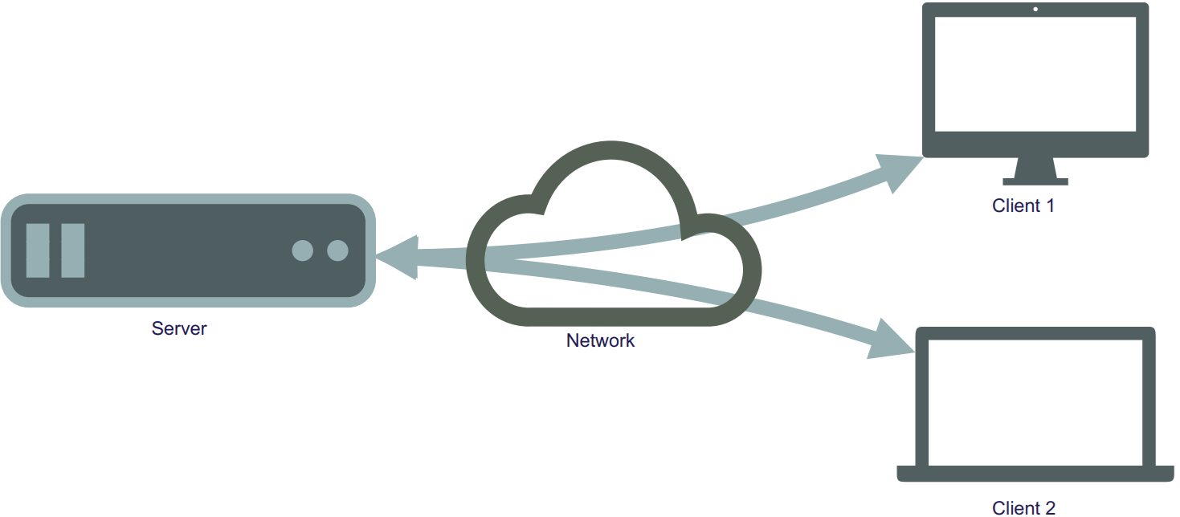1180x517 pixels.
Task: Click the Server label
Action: [179, 328]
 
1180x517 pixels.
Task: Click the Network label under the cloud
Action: [600, 340]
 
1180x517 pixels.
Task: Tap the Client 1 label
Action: [1023, 206]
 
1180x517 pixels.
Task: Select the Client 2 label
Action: [1023, 508]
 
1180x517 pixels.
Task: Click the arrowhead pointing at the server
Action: [398, 257]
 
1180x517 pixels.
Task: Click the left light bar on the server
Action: [38, 250]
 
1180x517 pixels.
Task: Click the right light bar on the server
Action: [73, 250]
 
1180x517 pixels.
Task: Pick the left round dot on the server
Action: [302, 250]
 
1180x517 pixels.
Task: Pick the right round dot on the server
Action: [337, 250]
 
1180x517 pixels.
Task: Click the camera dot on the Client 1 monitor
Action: [1035, 9]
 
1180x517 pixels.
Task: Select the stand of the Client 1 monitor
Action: [1035, 172]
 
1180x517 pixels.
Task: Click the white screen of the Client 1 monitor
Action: [1035, 74]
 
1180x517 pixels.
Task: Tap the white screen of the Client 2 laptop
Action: [1035, 403]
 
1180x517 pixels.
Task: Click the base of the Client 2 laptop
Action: [1035, 474]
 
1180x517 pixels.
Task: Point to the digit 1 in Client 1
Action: [1050, 206]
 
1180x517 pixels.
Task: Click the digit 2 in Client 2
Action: [1051, 508]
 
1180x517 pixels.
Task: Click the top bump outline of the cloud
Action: [611, 150]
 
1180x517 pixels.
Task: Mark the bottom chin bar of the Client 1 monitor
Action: [1035, 145]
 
